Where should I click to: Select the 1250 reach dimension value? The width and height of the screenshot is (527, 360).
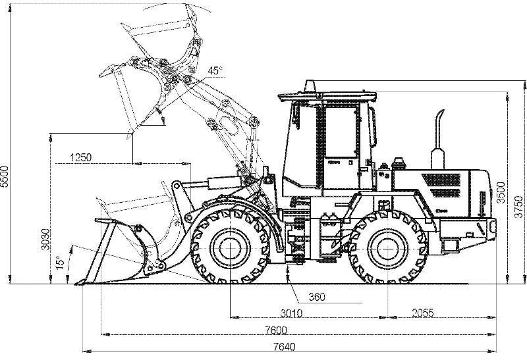click(80, 157)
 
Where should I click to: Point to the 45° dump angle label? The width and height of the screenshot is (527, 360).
click(215, 70)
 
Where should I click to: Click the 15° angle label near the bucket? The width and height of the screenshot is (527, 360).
click(60, 263)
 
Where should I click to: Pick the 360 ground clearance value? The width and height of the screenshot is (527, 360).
click(317, 297)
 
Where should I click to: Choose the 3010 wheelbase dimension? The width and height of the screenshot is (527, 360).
click(291, 313)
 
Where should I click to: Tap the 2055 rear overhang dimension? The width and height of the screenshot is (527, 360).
click(423, 313)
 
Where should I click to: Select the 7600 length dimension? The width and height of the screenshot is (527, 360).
click(275, 330)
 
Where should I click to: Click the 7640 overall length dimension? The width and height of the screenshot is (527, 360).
click(284, 347)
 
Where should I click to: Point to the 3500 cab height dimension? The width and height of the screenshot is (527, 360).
click(501, 192)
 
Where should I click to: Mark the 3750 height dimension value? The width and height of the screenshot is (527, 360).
click(518, 207)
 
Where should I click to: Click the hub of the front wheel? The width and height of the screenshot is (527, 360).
click(230, 248)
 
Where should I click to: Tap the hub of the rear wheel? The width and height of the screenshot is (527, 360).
click(388, 248)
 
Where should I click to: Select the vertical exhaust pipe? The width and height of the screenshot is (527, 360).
click(438, 141)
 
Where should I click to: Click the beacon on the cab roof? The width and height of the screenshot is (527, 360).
click(310, 86)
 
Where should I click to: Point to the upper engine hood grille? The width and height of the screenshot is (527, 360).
click(441, 180)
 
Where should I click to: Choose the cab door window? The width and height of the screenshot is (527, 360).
click(341, 132)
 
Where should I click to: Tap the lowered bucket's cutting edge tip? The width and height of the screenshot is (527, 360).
click(76, 284)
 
